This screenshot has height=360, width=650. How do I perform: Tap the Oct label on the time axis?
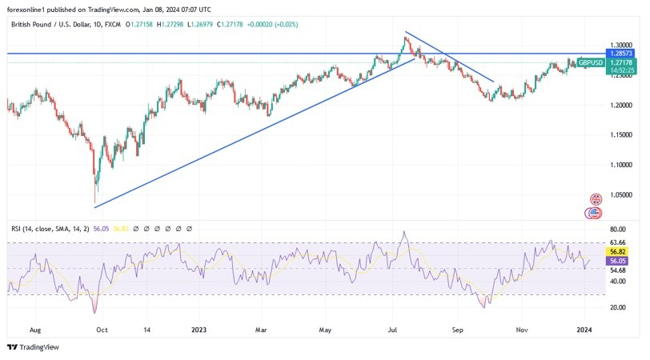(x=102, y=329)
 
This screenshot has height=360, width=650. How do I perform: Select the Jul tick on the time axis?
(x=393, y=329)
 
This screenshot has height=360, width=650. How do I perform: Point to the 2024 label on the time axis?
(x=584, y=329)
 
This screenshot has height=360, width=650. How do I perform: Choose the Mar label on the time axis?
(x=260, y=329)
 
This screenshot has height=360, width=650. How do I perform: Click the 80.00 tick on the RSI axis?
(x=618, y=229)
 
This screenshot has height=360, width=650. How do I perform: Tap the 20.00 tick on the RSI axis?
(x=618, y=307)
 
